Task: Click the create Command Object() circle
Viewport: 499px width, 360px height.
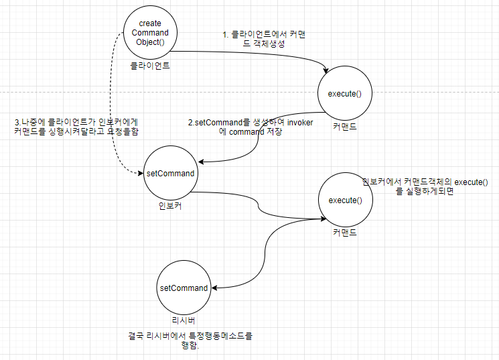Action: (x=150, y=32)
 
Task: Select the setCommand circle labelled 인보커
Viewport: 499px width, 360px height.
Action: (x=170, y=173)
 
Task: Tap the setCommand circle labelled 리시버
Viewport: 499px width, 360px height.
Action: (x=184, y=288)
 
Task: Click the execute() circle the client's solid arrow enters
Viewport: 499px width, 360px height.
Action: (x=345, y=93)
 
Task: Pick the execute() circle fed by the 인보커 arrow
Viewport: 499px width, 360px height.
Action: (x=345, y=200)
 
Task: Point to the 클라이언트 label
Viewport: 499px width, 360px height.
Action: (x=150, y=66)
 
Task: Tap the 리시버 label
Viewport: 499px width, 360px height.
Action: (x=184, y=321)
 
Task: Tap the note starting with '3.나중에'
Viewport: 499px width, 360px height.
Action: (x=76, y=127)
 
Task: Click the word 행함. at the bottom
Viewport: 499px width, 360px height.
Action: (x=191, y=346)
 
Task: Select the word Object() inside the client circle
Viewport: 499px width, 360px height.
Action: (x=150, y=42)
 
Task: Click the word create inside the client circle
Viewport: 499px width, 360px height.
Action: (x=150, y=23)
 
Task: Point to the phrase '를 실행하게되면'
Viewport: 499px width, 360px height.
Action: (x=425, y=192)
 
